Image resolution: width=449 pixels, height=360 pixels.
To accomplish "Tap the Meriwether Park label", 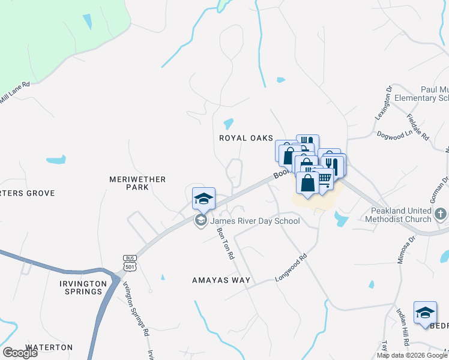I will pos(128,183).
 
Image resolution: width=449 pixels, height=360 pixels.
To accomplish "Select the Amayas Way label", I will pos(221,280).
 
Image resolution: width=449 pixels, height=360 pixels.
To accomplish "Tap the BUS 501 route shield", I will pos(130,262).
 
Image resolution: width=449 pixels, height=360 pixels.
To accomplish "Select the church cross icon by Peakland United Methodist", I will pos(440,214).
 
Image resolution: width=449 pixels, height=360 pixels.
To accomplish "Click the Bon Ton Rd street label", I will pos(225,242).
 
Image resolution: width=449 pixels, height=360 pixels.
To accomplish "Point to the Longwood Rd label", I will pos(291,268).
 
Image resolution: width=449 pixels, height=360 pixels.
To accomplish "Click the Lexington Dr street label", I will pos(384,103).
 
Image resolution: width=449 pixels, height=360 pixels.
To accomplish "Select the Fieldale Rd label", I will pos(417,127).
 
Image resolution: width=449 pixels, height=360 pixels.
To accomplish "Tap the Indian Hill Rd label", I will pos(402,327).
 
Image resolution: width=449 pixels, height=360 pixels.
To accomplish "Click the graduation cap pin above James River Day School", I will pos(203,199).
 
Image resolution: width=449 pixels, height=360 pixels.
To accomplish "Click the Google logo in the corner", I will pos(20,353).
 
